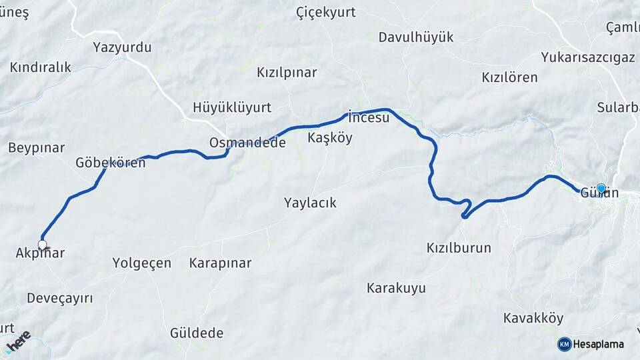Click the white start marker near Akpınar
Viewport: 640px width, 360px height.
(x=43, y=245)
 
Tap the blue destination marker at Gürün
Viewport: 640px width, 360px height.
(x=601, y=189)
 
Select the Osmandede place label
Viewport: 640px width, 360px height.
(x=247, y=143)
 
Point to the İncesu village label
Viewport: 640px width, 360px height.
(x=369, y=119)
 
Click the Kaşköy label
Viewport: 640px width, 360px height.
(x=330, y=138)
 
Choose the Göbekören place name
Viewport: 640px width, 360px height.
(x=110, y=163)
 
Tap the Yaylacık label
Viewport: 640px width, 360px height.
(x=310, y=203)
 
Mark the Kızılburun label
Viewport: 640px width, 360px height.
(x=459, y=248)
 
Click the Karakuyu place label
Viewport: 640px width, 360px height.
(x=396, y=288)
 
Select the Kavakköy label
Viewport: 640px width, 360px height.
(x=533, y=318)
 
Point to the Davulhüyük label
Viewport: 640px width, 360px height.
(x=416, y=37)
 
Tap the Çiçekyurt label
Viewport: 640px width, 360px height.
(x=325, y=12)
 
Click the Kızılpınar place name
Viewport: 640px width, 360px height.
(x=287, y=73)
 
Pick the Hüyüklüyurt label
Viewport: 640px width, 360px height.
(x=232, y=107)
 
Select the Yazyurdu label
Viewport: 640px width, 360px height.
(x=122, y=47)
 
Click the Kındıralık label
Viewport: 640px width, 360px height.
(x=41, y=67)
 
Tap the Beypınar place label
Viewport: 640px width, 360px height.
(x=36, y=147)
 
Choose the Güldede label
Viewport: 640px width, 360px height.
(x=197, y=333)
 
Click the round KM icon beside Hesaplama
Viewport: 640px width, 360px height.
(x=564, y=344)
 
